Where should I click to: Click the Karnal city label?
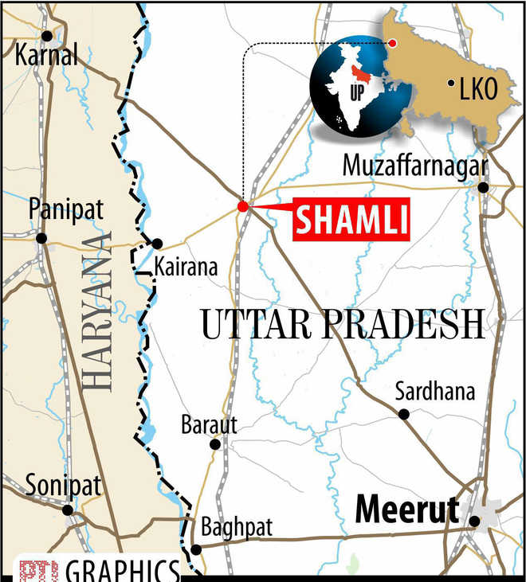47,56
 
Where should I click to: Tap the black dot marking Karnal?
47,35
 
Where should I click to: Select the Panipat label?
56,212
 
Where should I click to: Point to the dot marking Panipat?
41,237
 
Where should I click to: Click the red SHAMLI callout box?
351,218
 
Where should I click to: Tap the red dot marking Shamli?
242,206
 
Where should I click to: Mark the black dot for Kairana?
158,244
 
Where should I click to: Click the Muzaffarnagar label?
414,166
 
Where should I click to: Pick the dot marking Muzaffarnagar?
483,188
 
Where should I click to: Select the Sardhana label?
435,392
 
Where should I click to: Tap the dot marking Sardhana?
404,414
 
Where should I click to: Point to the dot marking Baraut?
214,444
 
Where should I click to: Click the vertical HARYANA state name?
99,311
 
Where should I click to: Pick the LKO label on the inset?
478,90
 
